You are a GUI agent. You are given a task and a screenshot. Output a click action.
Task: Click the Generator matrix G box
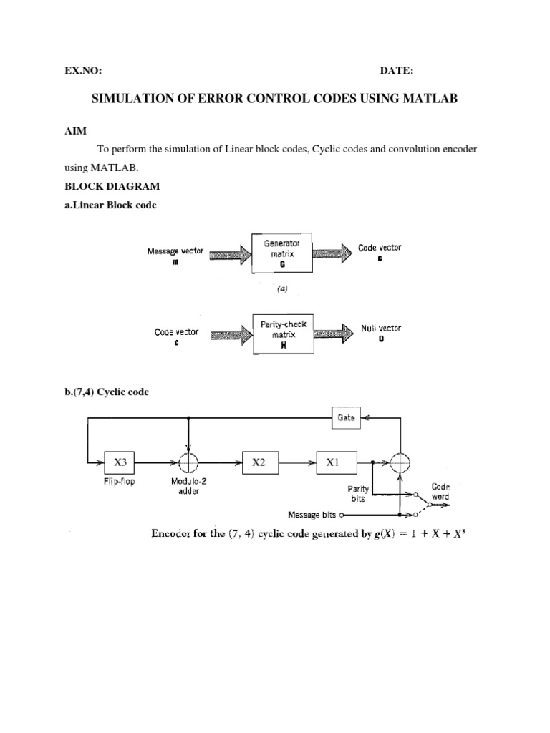pos(281,253)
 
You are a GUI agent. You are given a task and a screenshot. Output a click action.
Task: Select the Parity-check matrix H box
pos(284,334)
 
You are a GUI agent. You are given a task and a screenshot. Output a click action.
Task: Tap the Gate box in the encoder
pos(346,417)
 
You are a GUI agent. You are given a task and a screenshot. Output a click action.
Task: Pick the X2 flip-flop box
pos(259,463)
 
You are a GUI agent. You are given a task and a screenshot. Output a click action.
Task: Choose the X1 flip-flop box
pos(332,463)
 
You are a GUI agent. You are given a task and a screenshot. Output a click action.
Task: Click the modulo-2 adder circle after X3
pos(188,463)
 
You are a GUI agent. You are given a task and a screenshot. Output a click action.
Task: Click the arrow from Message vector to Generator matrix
pos(228,253)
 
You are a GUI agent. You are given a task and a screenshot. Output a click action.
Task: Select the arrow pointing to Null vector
pos(334,334)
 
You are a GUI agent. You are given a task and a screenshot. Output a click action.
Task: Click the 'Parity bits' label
pos(357,494)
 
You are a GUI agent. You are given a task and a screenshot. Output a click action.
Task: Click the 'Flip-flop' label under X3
pos(119,482)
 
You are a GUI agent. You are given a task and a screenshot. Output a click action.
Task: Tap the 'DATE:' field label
pos(396,70)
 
